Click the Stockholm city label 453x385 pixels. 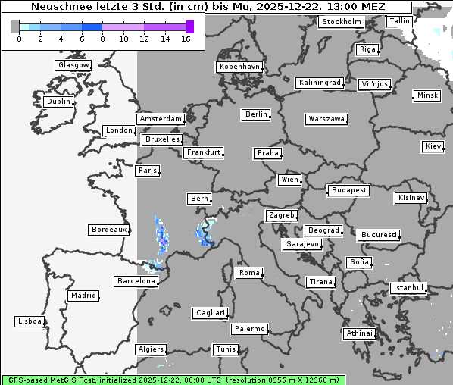point(341,22)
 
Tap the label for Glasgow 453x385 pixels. point(73,65)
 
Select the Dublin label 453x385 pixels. point(58,102)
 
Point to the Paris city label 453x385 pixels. point(148,171)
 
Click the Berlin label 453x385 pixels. point(257,114)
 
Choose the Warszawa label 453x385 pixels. point(326,119)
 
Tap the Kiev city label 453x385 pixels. point(433,146)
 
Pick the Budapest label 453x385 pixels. point(348,190)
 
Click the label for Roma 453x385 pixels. point(249,273)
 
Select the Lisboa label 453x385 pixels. point(30,321)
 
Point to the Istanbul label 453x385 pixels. point(408,289)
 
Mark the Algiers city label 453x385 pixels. point(150,349)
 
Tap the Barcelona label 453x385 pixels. point(136,281)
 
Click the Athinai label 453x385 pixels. point(359,333)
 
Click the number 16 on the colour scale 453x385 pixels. point(186,39)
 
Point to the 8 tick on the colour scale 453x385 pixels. point(102,39)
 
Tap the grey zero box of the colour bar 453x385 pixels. point(15,27)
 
